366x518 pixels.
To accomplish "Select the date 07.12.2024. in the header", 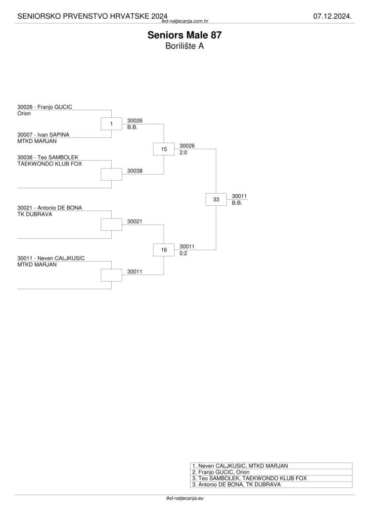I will pyautogui.click(x=332, y=17).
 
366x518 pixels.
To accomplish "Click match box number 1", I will pyautogui.click(x=111, y=123).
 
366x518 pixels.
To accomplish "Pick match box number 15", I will pyautogui.click(x=164, y=149).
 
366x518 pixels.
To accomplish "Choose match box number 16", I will pyautogui.click(x=164, y=250).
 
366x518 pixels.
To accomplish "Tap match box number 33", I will pyautogui.click(x=216, y=199).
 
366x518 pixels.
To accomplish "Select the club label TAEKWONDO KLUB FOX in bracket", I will pyautogui.click(x=50, y=164).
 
